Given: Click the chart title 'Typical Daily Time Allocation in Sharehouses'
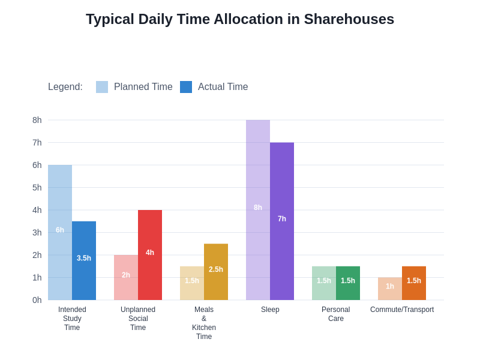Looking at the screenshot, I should pyautogui.click(x=240, y=19).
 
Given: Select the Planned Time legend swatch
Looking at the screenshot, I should pyautogui.click(x=102, y=87).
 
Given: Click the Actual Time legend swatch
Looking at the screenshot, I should pyautogui.click(x=186, y=87).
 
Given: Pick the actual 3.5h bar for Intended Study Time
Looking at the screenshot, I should pyautogui.click(x=84, y=260).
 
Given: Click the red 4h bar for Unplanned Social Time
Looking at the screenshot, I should pyautogui.click(x=150, y=255).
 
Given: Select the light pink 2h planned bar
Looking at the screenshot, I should pyautogui.click(x=126, y=277).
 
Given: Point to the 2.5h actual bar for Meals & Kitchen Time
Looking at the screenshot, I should pyautogui.click(x=216, y=272).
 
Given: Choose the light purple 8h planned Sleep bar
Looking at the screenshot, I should pyautogui.click(x=258, y=210).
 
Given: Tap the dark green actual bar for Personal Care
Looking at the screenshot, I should pyautogui.click(x=348, y=283).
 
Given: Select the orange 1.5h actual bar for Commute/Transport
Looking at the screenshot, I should pyautogui.click(x=414, y=283).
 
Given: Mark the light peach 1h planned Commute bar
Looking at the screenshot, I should pyautogui.click(x=390, y=289).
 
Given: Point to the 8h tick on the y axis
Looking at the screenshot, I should pyautogui.click(x=37, y=120).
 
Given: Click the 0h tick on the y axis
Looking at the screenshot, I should pyautogui.click(x=37, y=300).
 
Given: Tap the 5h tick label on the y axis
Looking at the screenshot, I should pyautogui.click(x=37, y=187).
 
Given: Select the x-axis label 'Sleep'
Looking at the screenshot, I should pyautogui.click(x=270, y=310).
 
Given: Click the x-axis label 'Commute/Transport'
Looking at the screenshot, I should pyautogui.click(x=402, y=310).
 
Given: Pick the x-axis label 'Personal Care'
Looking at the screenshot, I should pyautogui.click(x=336, y=314).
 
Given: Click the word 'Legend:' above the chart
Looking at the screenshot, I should pyautogui.click(x=65, y=87).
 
